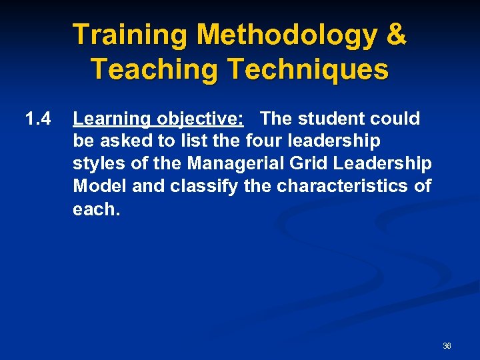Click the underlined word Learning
112,119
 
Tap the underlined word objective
200,119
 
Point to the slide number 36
447,346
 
